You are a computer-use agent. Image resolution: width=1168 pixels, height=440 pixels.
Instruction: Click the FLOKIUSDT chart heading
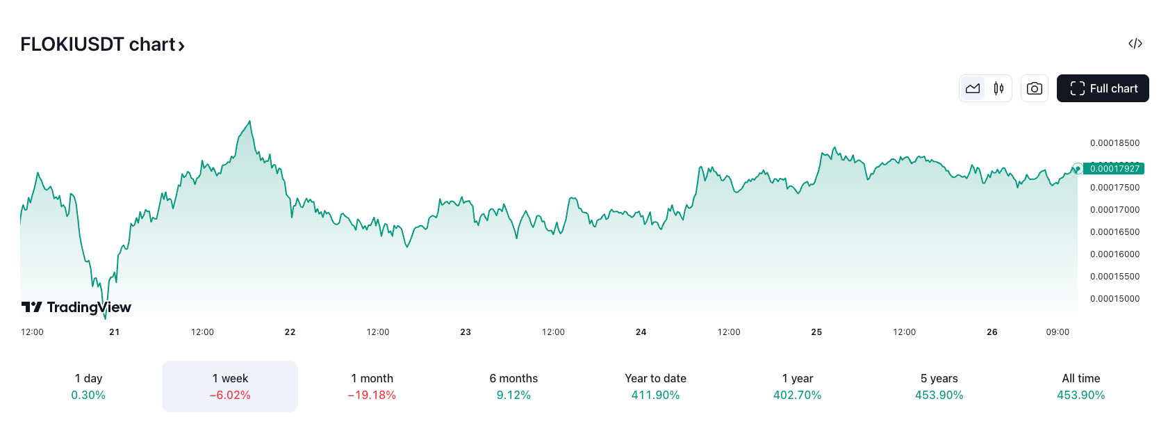point(102,44)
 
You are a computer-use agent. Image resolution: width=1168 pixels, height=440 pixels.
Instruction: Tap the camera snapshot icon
point(1034,88)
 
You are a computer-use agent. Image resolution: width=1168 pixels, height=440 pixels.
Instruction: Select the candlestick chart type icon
point(998,88)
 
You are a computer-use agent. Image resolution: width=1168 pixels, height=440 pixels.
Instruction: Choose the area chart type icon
point(973,88)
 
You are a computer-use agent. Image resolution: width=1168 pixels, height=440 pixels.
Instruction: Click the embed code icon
point(1135,44)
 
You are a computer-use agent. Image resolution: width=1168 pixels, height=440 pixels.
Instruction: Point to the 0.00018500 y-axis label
point(1114,143)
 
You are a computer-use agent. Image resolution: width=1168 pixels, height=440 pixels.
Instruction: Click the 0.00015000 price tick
point(1114,299)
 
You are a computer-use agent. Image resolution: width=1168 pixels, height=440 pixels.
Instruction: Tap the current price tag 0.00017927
point(1114,169)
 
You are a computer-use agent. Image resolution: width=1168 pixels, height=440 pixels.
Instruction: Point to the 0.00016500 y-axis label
point(1114,232)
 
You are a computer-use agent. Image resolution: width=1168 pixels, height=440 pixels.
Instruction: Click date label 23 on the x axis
point(466,332)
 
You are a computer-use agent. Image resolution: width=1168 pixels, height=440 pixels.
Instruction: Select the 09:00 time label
point(1058,332)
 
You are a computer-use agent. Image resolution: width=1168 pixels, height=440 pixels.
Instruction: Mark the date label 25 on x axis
point(816,332)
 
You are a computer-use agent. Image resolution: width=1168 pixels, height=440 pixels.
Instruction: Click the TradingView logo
point(76,307)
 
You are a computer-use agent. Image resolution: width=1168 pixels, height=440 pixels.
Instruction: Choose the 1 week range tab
point(230,386)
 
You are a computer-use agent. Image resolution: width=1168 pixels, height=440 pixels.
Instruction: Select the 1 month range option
point(372,386)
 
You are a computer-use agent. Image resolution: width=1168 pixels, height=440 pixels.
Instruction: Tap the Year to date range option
point(655,386)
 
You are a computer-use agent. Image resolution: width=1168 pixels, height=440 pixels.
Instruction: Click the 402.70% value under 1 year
point(797,396)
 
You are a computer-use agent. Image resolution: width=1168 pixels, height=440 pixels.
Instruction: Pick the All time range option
point(1080,386)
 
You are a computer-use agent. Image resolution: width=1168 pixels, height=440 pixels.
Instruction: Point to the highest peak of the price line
point(250,122)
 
